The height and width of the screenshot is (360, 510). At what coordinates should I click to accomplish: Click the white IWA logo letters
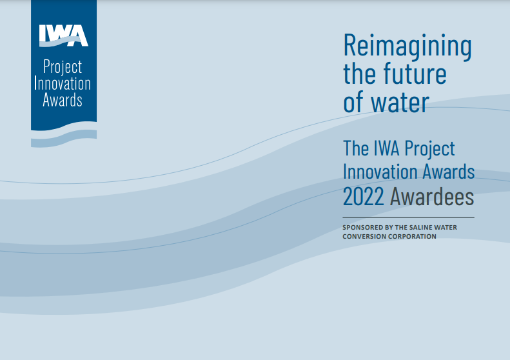(64, 35)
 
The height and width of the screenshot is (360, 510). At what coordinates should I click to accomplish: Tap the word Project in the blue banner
(63, 67)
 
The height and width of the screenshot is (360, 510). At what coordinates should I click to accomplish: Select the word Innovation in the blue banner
(63, 83)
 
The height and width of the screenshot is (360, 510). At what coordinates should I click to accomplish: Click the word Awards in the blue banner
(63, 99)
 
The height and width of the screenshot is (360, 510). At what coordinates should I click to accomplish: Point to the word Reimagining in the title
(407, 47)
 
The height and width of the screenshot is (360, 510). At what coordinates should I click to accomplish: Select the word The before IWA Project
(356, 148)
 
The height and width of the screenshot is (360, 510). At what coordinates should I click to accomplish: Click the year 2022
(363, 197)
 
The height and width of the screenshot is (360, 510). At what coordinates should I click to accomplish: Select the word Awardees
(431, 197)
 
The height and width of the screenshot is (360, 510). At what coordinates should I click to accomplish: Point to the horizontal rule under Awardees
(408, 217)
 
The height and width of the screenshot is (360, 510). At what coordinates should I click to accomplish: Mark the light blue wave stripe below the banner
(64, 139)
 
